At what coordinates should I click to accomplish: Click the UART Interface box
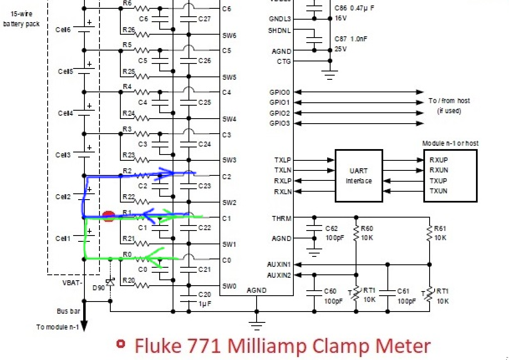pyautogui.click(x=359, y=176)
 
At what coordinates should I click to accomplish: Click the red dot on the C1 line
pyautogui.click(x=108, y=216)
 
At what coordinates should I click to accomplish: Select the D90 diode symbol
pyautogui.click(x=110, y=282)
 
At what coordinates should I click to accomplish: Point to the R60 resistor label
pyautogui.click(x=367, y=228)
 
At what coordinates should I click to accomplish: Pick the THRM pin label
pyautogui.click(x=281, y=218)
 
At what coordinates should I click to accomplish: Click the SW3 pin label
pyautogui.click(x=229, y=160)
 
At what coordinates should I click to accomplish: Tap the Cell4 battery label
pyautogui.click(x=66, y=113)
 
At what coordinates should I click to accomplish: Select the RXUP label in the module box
pyautogui.click(x=438, y=160)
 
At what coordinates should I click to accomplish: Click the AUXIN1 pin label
pyautogui.click(x=279, y=264)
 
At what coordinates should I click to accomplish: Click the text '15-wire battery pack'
pyautogui.click(x=21, y=19)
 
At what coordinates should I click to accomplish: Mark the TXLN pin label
pyautogui.click(x=282, y=170)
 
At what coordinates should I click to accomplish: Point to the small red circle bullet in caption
pyautogui.click(x=121, y=344)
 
